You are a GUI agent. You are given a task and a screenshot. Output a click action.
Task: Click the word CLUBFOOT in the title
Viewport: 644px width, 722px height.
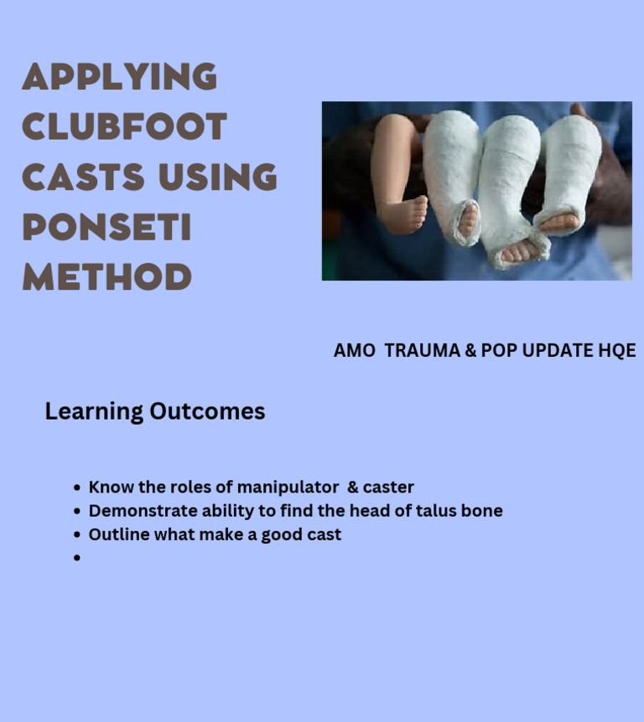[124, 127]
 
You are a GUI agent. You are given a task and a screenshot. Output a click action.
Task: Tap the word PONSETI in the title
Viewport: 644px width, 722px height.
[106, 227]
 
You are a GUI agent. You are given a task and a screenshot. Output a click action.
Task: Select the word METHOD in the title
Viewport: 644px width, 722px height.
[106, 277]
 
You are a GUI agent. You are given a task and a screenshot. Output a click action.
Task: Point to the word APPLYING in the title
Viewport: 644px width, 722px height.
[119, 77]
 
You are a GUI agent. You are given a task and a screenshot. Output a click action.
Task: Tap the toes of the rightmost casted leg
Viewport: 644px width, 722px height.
[559, 222]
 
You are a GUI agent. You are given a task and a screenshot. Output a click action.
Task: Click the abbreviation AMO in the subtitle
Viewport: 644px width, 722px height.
[354, 351]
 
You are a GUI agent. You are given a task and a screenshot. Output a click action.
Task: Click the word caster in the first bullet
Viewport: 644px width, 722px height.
[388, 487]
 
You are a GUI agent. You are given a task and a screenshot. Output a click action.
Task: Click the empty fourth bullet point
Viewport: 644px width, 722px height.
[77, 558]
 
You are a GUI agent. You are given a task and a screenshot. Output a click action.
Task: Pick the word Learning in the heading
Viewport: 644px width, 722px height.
[94, 411]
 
